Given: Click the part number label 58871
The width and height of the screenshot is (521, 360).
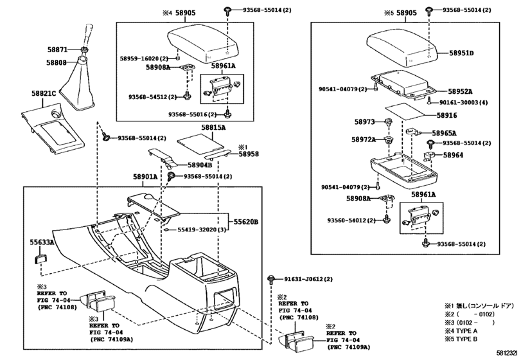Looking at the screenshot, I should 57,50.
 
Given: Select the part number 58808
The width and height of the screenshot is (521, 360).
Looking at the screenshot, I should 56,62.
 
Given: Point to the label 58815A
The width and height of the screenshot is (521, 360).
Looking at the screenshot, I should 213,128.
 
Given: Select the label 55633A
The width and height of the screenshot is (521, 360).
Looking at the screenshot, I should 42,243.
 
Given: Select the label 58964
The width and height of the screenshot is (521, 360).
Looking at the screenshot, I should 457,155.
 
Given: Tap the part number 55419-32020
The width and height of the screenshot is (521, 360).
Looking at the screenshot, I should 198,230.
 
